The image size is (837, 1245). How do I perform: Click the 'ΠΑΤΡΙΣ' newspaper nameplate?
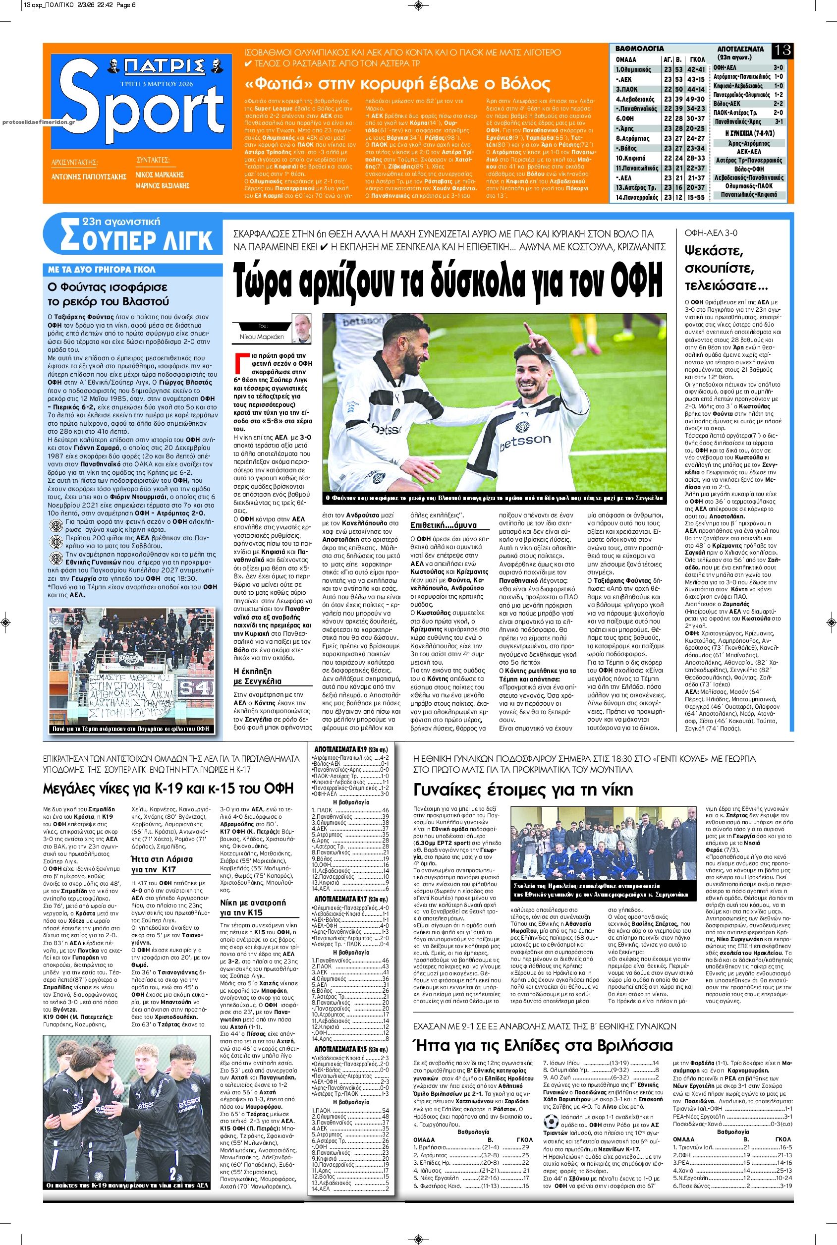point(157,67)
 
